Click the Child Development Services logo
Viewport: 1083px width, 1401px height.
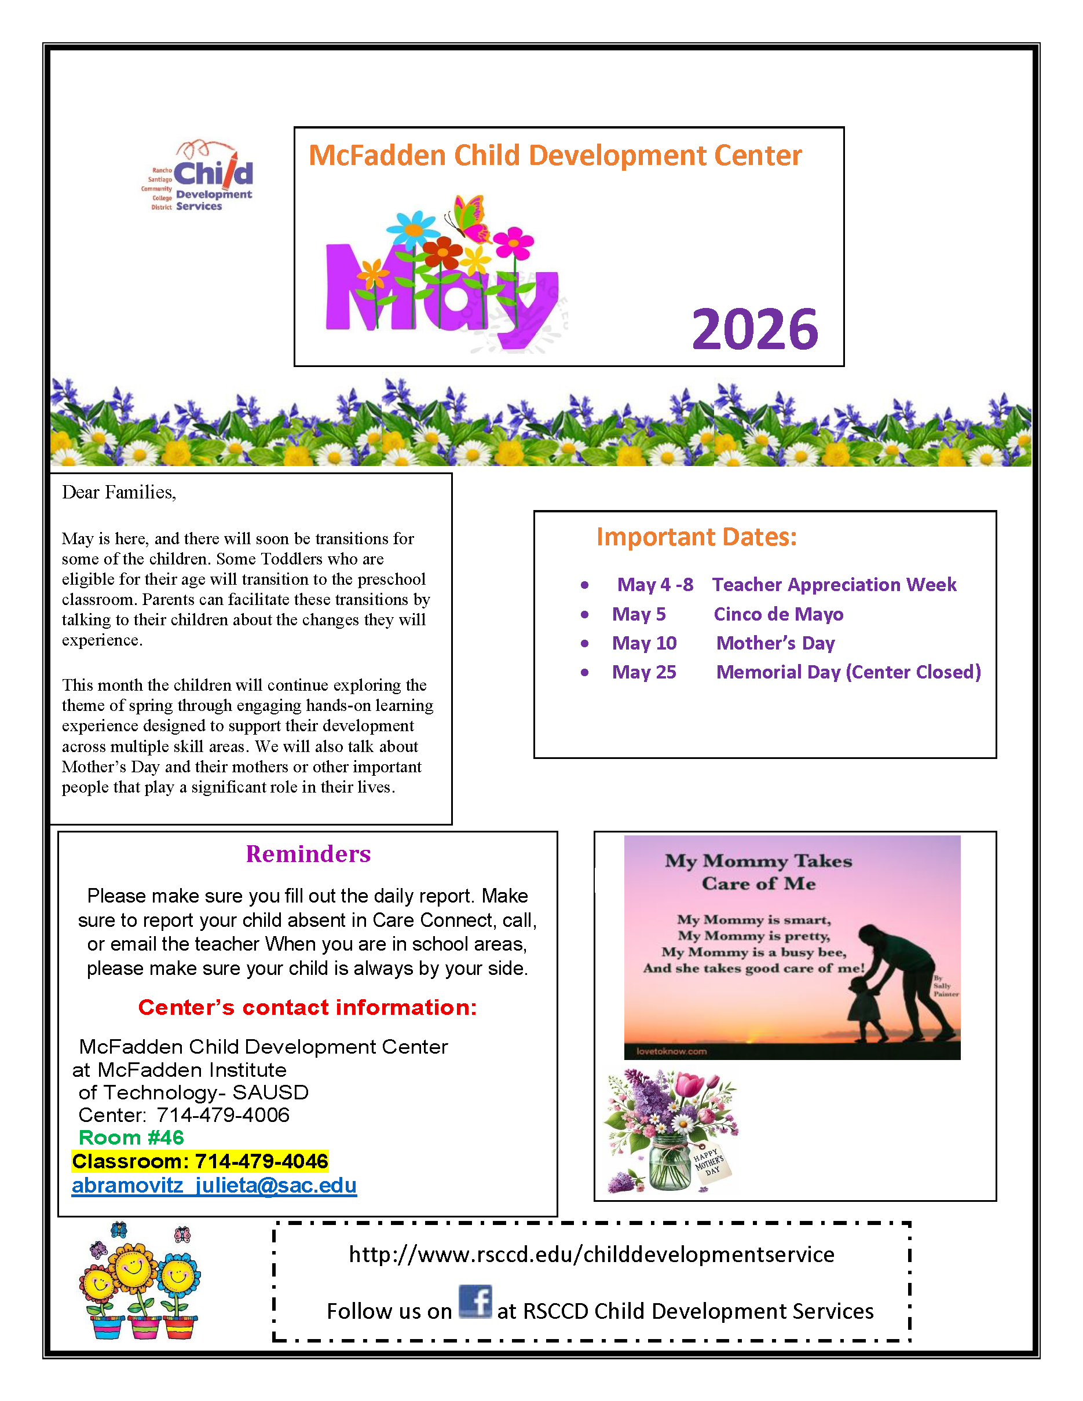click(199, 177)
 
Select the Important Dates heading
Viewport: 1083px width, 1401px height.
click(696, 537)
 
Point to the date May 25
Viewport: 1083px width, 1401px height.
click(643, 672)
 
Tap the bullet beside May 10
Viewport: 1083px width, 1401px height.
click(584, 643)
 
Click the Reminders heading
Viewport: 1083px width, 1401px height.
click(308, 854)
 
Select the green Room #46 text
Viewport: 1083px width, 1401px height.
click(131, 1138)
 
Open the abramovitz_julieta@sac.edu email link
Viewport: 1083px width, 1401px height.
click(214, 1185)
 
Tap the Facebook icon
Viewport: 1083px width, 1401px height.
click(475, 1301)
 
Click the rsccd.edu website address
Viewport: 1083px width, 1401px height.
click(591, 1254)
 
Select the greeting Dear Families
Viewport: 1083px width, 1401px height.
click(119, 493)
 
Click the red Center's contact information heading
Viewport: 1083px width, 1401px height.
click(308, 1007)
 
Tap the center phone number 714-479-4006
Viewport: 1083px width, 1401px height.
click(222, 1115)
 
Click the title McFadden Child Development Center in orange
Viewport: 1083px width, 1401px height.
click(555, 156)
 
